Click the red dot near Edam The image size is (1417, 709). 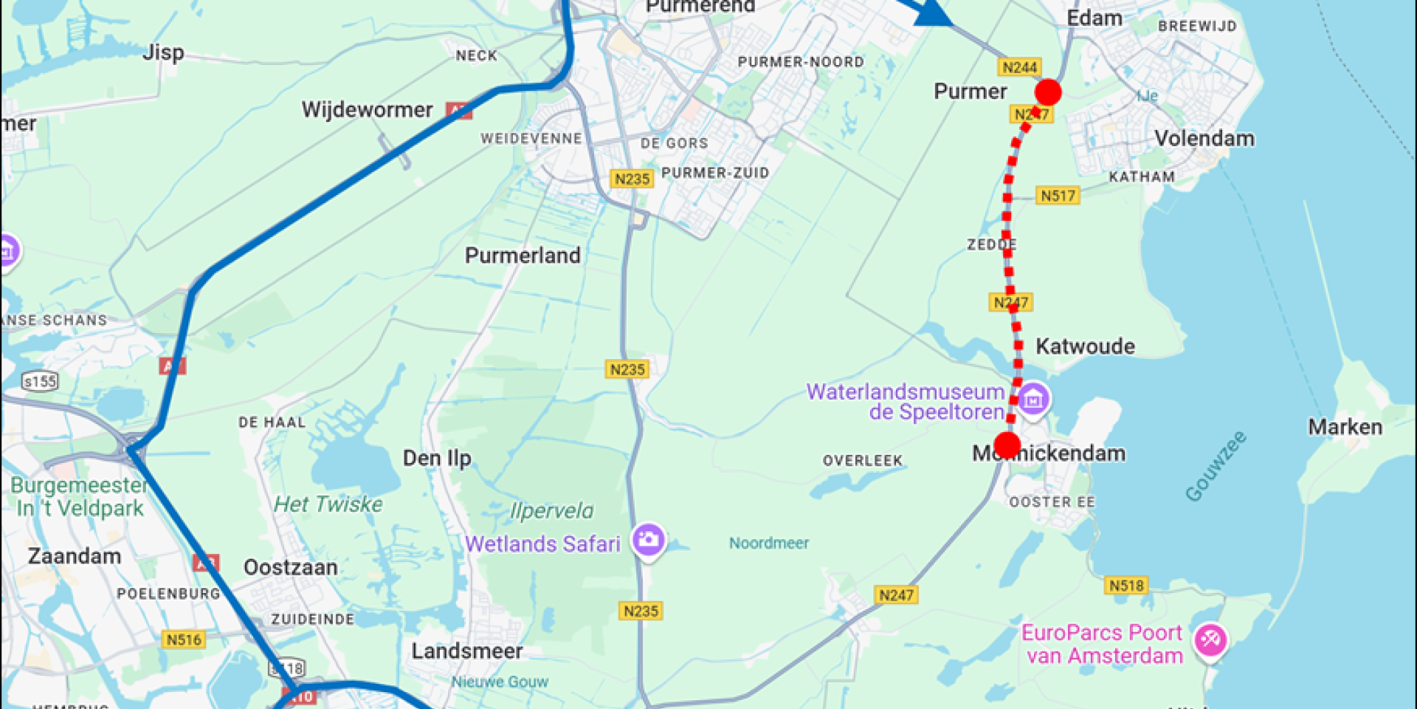pyautogui.click(x=1048, y=92)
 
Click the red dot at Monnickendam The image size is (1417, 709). pyautogui.click(x=1007, y=445)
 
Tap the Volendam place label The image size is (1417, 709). pyautogui.click(x=1204, y=138)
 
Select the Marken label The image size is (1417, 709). pyautogui.click(x=1345, y=427)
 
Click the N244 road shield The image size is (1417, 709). pyautogui.click(x=1019, y=67)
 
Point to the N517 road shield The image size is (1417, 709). pyautogui.click(x=1058, y=196)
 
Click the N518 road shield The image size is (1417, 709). pyautogui.click(x=1126, y=586)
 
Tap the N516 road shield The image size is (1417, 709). pyautogui.click(x=183, y=640)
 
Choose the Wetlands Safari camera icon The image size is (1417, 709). pyautogui.click(x=649, y=540)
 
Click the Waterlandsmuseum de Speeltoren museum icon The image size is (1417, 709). pyautogui.click(x=1033, y=400)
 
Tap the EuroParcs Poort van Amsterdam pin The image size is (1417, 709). pyautogui.click(x=1210, y=640)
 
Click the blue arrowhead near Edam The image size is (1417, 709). pyautogui.click(x=932, y=12)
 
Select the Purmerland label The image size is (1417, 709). pyautogui.click(x=523, y=256)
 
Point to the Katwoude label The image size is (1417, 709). pyautogui.click(x=1085, y=346)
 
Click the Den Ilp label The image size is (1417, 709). pyautogui.click(x=437, y=458)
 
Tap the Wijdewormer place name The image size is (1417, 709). pyautogui.click(x=367, y=110)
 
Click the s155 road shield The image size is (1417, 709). pyautogui.click(x=40, y=381)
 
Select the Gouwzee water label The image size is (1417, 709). pyautogui.click(x=1216, y=466)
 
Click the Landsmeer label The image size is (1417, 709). pyautogui.click(x=466, y=651)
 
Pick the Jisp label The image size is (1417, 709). pyautogui.click(x=163, y=52)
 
